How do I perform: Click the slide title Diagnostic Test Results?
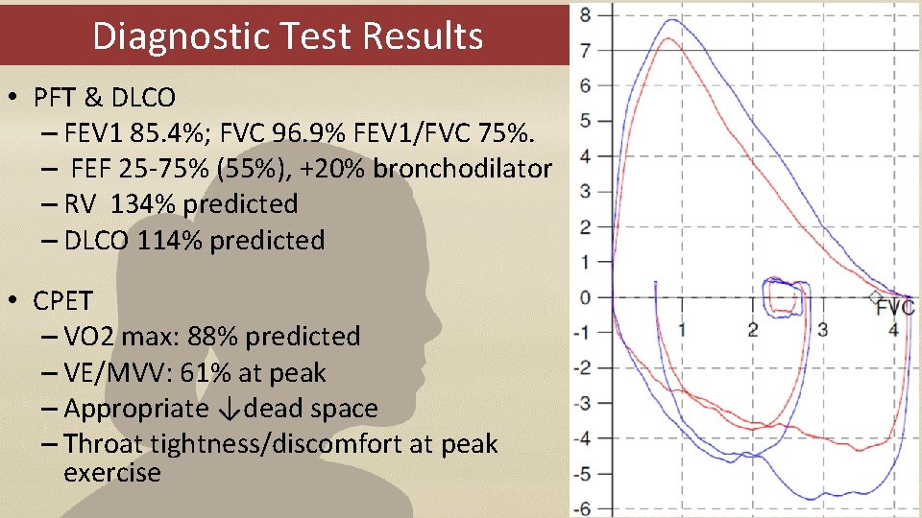pos(287,35)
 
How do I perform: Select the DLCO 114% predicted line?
pos(194,240)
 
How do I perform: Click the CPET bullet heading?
pos(63,301)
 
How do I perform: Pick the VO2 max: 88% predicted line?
pos(211,337)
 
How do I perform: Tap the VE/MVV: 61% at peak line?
pos(194,373)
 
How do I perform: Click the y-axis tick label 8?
pos(586,14)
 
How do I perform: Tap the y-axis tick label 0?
pos(586,297)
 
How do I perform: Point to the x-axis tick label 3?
pos(823,329)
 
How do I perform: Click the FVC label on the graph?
pos(896,308)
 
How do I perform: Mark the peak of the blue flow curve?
pos(671,20)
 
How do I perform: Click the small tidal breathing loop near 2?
pos(786,297)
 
